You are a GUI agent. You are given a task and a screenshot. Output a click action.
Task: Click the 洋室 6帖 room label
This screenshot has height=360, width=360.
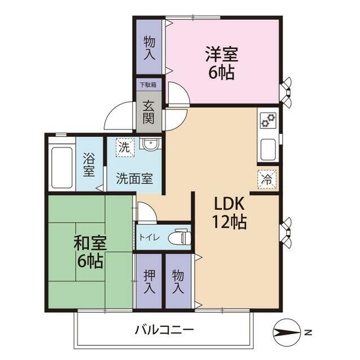[x=221, y=63]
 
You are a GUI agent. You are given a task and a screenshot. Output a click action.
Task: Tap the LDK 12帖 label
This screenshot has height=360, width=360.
[x=228, y=212]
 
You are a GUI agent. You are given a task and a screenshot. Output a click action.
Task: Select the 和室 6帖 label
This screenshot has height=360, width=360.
[x=89, y=251]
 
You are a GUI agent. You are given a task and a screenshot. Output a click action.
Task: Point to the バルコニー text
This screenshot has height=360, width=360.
[x=164, y=330]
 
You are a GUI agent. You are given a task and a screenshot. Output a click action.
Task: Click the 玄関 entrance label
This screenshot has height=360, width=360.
[x=148, y=112]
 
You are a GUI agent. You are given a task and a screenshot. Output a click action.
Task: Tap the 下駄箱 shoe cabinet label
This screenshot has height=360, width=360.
[x=148, y=85]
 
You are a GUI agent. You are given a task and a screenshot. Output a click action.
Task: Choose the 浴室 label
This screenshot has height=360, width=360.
[x=89, y=163]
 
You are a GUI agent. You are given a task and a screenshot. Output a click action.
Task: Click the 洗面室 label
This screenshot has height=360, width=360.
[x=134, y=179]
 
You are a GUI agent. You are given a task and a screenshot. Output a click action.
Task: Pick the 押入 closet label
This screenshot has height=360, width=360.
[x=148, y=281]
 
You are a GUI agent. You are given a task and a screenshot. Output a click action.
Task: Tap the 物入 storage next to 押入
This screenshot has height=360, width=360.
[x=178, y=281]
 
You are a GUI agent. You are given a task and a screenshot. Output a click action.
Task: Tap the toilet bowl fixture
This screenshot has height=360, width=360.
[x=182, y=237]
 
